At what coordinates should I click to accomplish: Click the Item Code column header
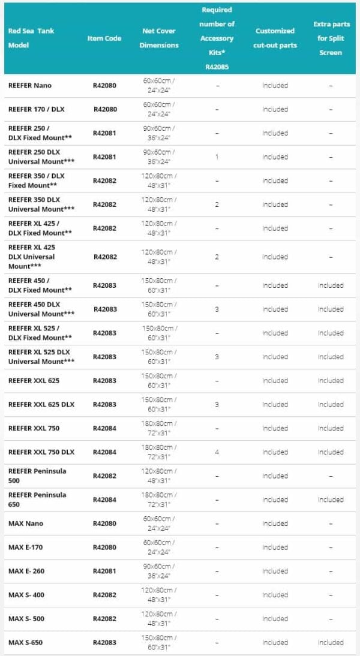(x=104, y=38)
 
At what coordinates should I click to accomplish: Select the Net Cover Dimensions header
(x=159, y=38)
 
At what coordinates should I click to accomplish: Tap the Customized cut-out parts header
(x=275, y=38)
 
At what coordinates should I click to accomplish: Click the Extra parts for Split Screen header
(x=330, y=38)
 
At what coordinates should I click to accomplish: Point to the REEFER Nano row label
(x=30, y=86)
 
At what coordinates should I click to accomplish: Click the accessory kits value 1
(x=217, y=157)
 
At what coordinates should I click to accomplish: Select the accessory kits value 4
(x=217, y=452)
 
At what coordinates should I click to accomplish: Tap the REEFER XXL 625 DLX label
(x=41, y=405)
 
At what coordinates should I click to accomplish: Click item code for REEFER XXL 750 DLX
(x=104, y=452)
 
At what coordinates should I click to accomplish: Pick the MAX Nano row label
(x=25, y=523)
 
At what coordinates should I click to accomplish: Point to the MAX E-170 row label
(x=26, y=547)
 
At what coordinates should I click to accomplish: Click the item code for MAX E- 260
(x=104, y=571)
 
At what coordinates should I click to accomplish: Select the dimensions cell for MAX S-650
(x=159, y=643)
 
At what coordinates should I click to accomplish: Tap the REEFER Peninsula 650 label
(x=37, y=499)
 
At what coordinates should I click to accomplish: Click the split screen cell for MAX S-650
(x=331, y=643)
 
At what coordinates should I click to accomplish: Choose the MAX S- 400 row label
(x=26, y=595)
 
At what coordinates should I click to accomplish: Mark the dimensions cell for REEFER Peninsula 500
(x=159, y=476)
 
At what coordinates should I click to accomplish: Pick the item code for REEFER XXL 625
(x=104, y=381)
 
